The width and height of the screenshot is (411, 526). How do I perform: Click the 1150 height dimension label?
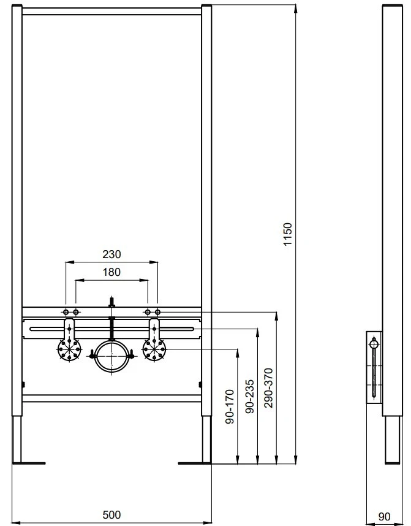tap(288, 234)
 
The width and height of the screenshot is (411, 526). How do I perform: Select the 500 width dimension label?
tap(111, 514)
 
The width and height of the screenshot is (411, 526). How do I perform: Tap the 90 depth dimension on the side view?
tap(384, 516)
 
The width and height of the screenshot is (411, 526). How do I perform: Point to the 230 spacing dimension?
tap(111, 254)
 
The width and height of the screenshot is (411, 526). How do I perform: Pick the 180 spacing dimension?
tap(111, 272)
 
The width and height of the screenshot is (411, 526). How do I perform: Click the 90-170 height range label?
tap(230, 406)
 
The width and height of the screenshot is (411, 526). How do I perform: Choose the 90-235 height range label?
tap(250, 396)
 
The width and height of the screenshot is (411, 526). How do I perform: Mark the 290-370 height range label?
tap(268, 388)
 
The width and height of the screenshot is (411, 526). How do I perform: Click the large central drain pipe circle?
tap(111, 341)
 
